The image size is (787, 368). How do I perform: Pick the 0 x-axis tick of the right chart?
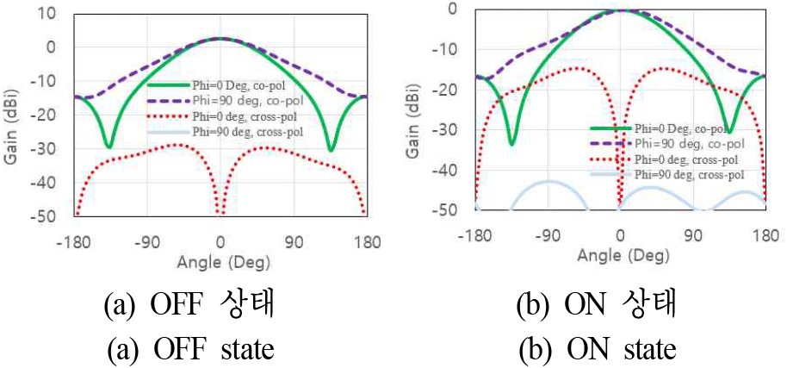pos(619,234)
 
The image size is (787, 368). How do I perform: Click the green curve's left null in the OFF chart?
pos(108,147)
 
